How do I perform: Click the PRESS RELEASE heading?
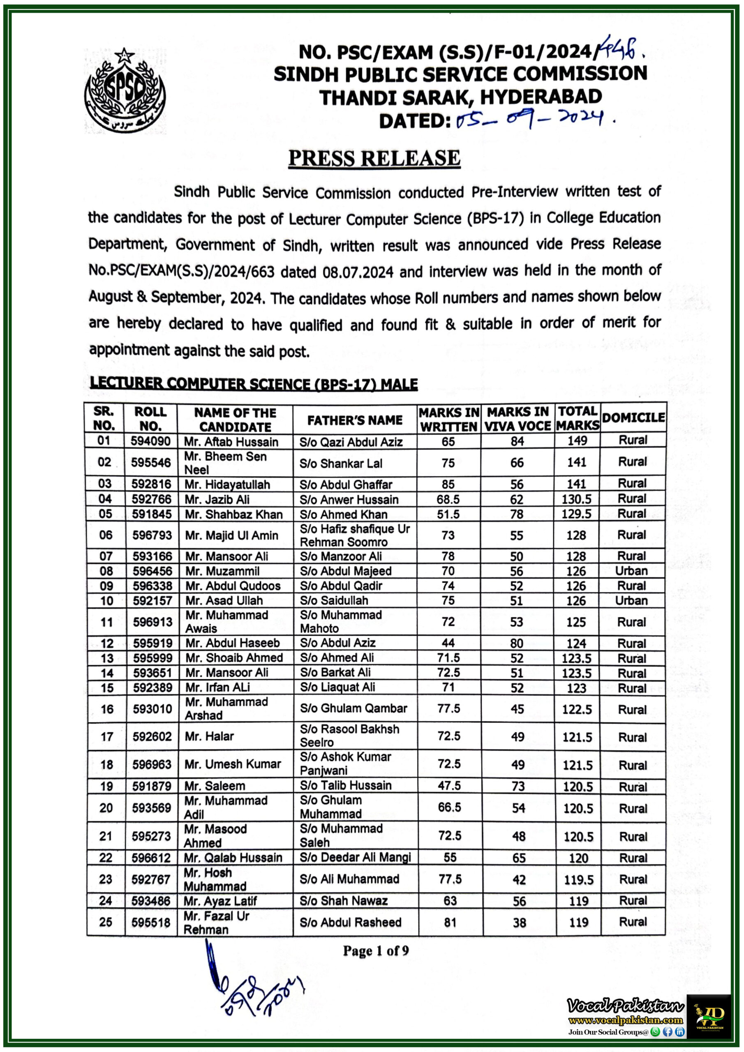tap(374, 158)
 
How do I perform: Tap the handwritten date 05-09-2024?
tap(534, 120)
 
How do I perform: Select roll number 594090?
tap(150, 441)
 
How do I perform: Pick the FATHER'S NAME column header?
tap(354, 420)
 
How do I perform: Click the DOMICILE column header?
tap(633, 418)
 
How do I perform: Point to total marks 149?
tap(577, 441)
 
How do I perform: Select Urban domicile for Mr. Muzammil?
tap(631, 571)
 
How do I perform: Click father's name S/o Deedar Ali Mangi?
tap(355, 857)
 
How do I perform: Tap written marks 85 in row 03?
tap(448, 484)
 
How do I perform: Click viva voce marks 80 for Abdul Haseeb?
tap(517, 643)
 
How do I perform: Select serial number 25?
tap(106, 922)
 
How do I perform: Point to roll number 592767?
tap(151, 879)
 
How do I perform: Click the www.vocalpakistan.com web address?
tap(625, 1020)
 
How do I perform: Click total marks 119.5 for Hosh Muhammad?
tap(578, 880)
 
